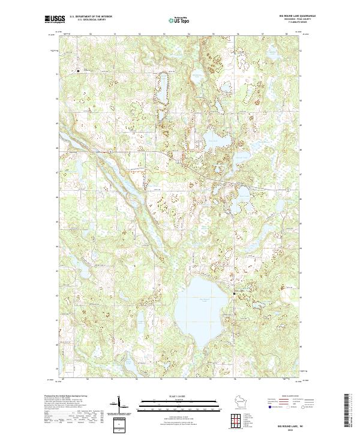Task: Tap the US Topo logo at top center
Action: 180,20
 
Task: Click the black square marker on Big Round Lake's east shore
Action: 235,293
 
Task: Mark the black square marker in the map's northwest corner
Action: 78,71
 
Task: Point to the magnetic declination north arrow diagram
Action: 118,405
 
